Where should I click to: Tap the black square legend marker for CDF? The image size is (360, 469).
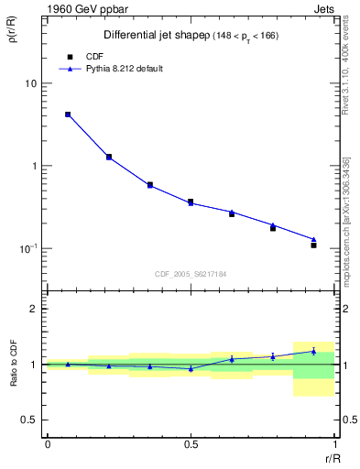tap(69, 56)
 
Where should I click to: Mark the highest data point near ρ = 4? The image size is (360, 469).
tap(68, 115)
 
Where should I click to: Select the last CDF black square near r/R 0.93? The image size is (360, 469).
tap(313, 245)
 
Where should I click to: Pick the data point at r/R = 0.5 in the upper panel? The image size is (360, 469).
tap(191, 202)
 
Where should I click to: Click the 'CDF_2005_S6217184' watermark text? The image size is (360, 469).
tap(191, 273)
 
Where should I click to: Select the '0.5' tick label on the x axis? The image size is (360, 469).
tap(191, 443)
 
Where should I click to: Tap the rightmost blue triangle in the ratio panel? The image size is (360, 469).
tap(313, 351)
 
